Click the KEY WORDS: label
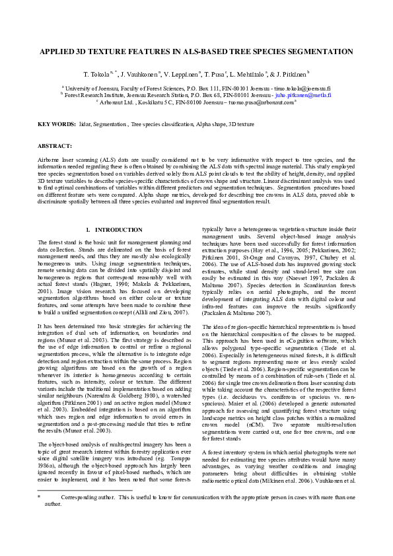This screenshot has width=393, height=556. [57, 124]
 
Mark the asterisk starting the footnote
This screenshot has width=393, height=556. [39, 497]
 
